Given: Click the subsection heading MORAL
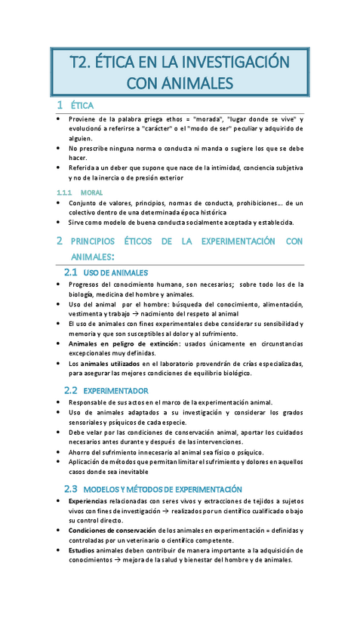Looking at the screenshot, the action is pyautogui.click(x=91, y=193).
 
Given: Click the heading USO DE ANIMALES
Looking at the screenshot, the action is pyautogui.click(x=115, y=272).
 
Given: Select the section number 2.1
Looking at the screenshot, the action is pyautogui.click(x=71, y=272).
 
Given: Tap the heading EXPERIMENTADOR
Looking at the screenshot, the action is pyautogui.click(x=115, y=391).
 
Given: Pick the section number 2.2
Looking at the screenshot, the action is pyautogui.click(x=71, y=390).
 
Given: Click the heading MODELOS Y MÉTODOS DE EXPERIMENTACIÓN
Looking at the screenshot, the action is pyautogui.click(x=162, y=489).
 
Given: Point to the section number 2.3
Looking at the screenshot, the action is pyautogui.click(x=71, y=488).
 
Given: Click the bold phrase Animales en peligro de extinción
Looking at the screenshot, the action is pyautogui.click(x=125, y=343).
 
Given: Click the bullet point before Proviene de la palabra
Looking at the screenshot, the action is pyautogui.click(x=59, y=120).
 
